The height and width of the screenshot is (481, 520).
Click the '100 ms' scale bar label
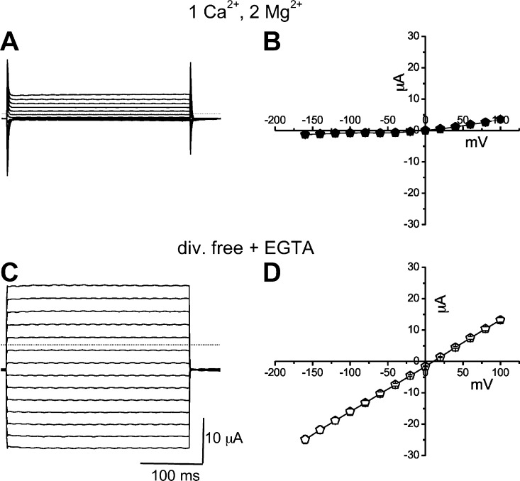pos(170,471)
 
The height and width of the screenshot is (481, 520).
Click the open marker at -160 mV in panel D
pos(305,439)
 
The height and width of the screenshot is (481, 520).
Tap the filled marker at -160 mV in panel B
pos(305,134)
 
